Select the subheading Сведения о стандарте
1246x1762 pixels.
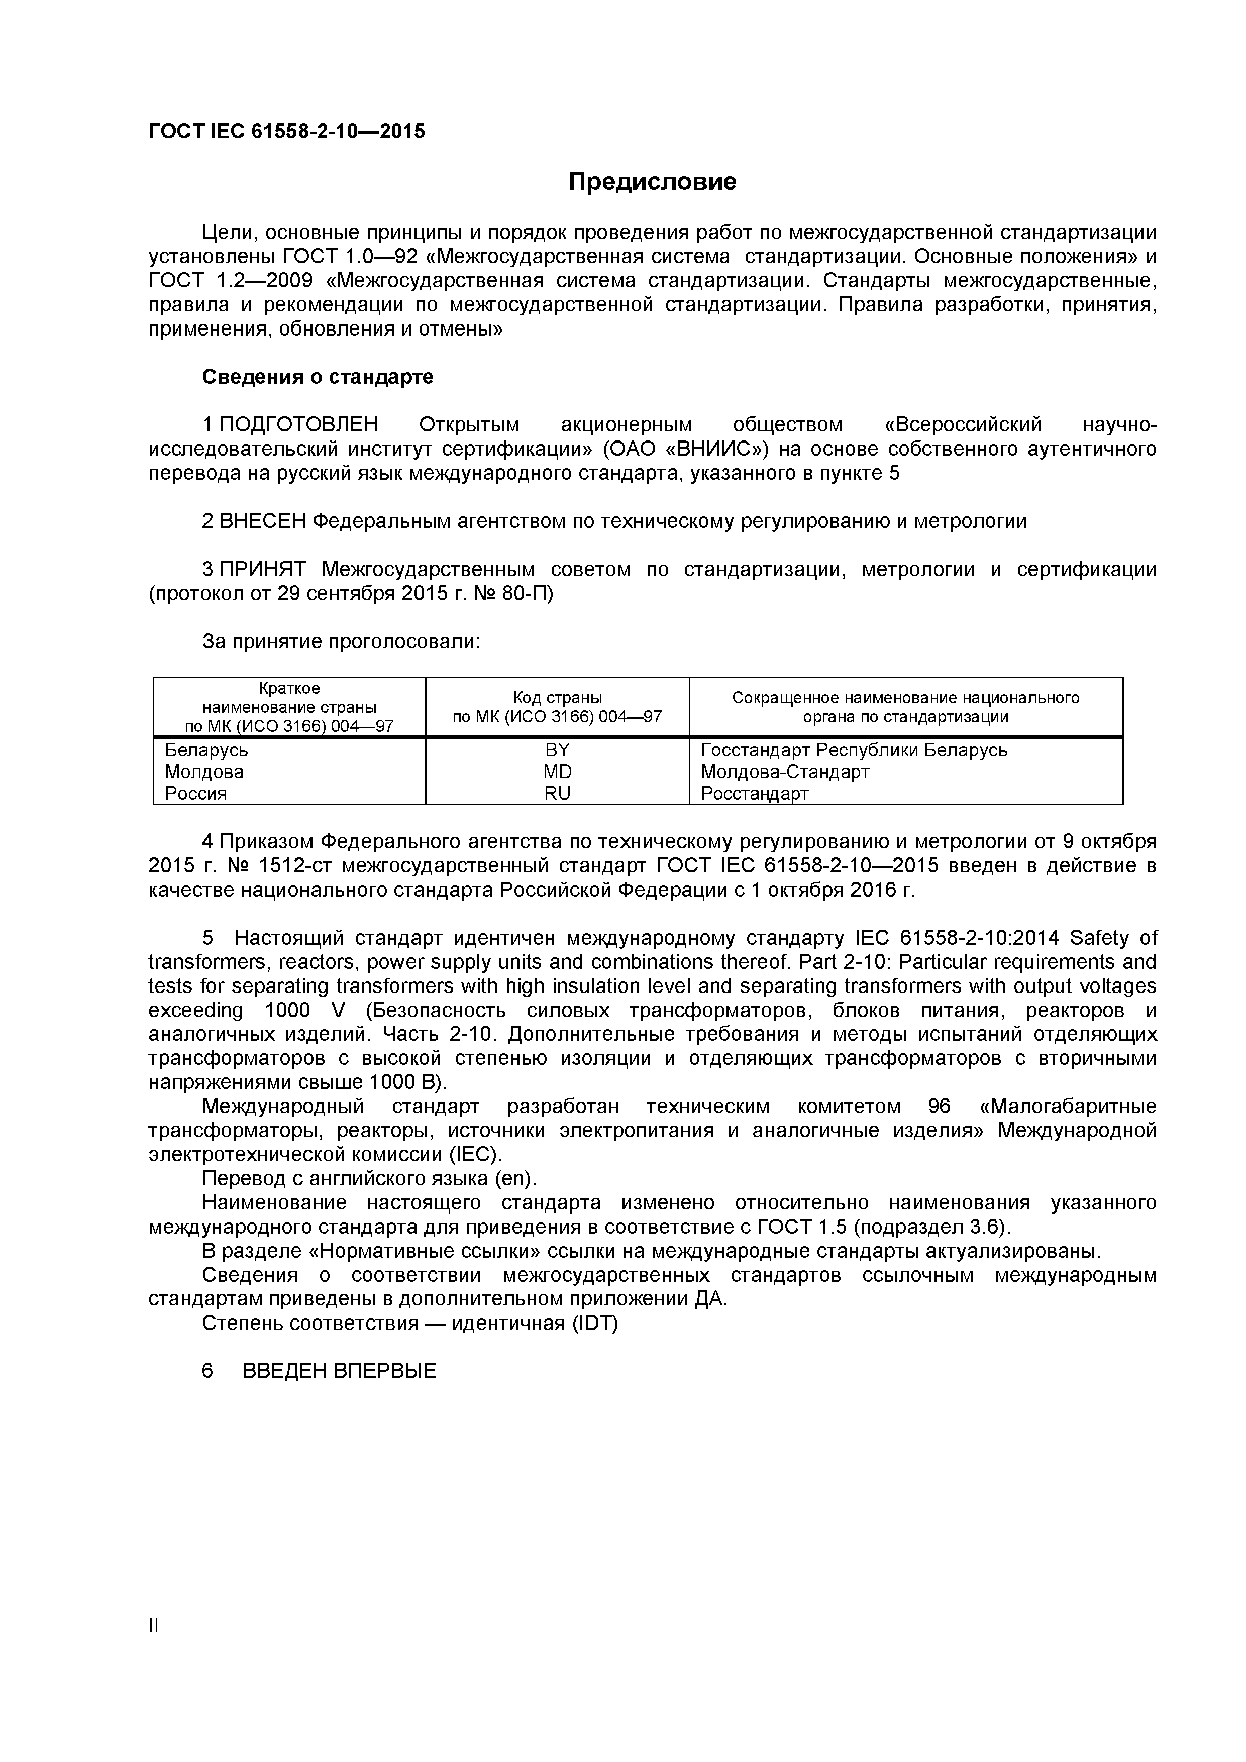click(x=317, y=377)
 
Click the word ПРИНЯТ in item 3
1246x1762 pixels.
click(x=263, y=570)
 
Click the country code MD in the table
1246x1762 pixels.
click(x=557, y=772)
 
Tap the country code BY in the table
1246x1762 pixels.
click(x=557, y=750)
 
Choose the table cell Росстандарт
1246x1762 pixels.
click(x=755, y=793)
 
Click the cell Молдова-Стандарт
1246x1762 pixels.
click(x=785, y=772)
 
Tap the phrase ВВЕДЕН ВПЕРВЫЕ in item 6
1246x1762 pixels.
click(x=339, y=1371)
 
